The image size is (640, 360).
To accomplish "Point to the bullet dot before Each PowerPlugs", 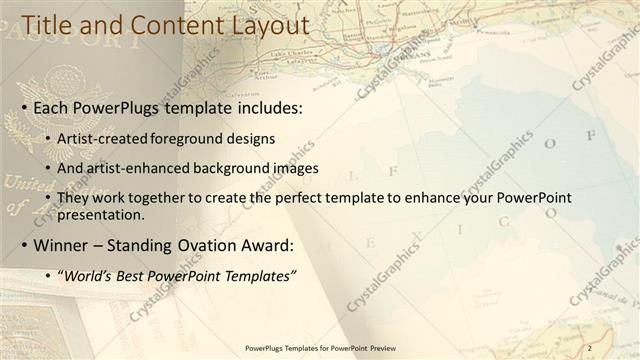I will [24, 106].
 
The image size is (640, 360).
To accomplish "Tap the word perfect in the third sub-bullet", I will [247, 198].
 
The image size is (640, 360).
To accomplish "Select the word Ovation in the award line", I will [192, 245].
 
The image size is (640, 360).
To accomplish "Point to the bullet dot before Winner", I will [24, 245].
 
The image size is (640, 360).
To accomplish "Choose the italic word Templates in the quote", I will [261, 275].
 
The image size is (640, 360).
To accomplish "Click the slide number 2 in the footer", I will [590, 348].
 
